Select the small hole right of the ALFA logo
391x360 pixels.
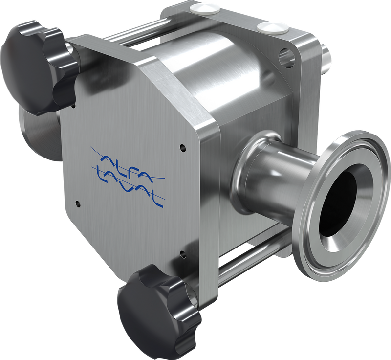(x=182, y=146)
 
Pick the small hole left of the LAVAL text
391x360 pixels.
(x=77, y=202)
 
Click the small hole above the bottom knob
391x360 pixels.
(x=182, y=253)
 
